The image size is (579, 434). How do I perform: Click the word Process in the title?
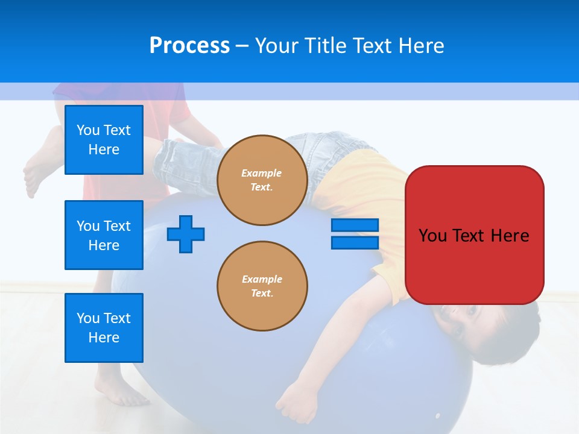pos(189,46)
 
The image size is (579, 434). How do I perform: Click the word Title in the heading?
pos(324,46)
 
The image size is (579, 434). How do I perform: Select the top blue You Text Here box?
pos(104,140)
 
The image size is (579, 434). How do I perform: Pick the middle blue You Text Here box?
pos(104,235)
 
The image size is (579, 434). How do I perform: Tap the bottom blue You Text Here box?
pos(104,328)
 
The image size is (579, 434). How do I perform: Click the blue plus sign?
pos(186,234)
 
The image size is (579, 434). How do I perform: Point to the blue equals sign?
pos(355,234)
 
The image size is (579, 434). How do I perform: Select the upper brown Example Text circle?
pos(262,180)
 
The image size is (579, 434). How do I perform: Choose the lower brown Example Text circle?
pos(262,286)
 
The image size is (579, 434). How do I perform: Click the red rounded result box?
pos(475,235)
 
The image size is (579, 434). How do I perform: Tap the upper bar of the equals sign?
pos(355,225)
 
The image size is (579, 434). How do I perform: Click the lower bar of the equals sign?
pos(355,243)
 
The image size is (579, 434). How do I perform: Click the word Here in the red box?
pos(510,235)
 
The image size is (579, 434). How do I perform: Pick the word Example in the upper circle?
pos(262,173)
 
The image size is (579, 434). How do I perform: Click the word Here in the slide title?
pos(421,46)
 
